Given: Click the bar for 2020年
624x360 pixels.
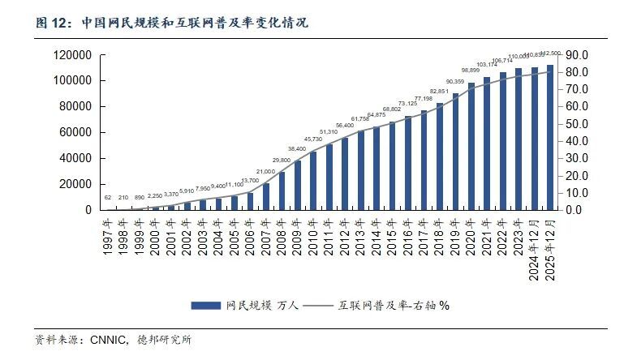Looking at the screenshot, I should [x=471, y=146].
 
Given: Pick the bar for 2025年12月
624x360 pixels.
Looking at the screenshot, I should [x=550, y=137].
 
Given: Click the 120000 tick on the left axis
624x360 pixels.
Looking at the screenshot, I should [x=72, y=54].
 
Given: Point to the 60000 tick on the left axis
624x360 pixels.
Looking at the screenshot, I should [x=75, y=132].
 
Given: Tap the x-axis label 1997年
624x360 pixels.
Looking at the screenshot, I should [x=109, y=236].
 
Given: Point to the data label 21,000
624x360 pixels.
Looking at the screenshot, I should [x=266, y=172].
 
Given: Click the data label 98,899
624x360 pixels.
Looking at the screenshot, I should [x=471, y=71].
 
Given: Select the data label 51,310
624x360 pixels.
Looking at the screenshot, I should [x=329, y=132].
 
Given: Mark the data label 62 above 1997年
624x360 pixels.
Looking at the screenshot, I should [x=108, y=198].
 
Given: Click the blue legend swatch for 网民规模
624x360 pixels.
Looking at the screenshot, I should [x=206, y=305].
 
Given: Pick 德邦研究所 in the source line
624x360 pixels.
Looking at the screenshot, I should [x=166, y=340].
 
